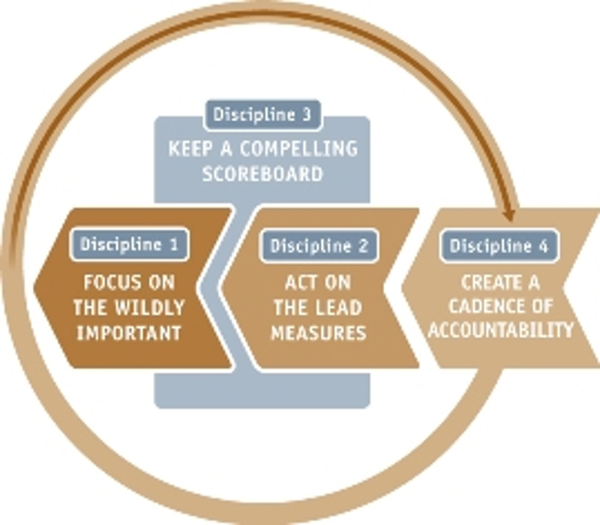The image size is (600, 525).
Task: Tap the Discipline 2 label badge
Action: coord(319,246)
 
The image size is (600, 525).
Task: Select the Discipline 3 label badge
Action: coord(262,116)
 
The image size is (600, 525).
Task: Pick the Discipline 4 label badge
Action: coord(499,245)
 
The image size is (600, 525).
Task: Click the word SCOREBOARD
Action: coord(262,174)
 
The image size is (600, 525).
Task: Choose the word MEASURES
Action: coord(318,331)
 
